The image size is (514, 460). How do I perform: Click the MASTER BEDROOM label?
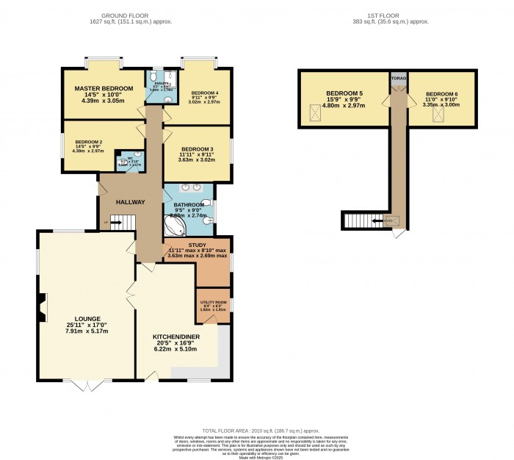104,88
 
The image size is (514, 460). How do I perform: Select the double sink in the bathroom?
189,187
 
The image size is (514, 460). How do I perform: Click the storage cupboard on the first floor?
399,77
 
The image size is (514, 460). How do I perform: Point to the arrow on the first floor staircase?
380,220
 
